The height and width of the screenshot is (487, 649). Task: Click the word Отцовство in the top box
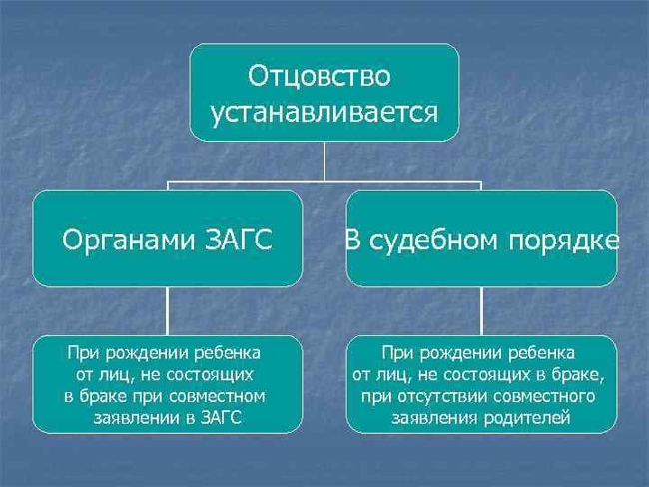point(320,76)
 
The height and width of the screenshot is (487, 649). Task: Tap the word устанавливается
point(324,112)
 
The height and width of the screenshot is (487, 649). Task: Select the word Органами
point(129,241)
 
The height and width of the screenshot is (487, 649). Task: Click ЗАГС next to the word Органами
point(239,240)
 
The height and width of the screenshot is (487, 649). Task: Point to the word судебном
point(433,241)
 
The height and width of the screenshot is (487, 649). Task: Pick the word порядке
point(564,243)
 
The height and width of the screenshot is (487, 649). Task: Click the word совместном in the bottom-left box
point(218,396)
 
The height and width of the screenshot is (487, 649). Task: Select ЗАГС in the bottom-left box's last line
point(221,417)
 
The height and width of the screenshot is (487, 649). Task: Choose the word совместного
point(545,396)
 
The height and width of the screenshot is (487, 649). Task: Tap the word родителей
point(527,418)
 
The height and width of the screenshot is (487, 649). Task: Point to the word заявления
point(435,418)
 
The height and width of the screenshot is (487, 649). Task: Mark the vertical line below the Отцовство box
point(324,161)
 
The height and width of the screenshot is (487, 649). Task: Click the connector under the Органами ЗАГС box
point(167,311)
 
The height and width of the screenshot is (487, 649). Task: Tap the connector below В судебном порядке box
point(481,311)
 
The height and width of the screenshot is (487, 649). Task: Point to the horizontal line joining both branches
point(324,182)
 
